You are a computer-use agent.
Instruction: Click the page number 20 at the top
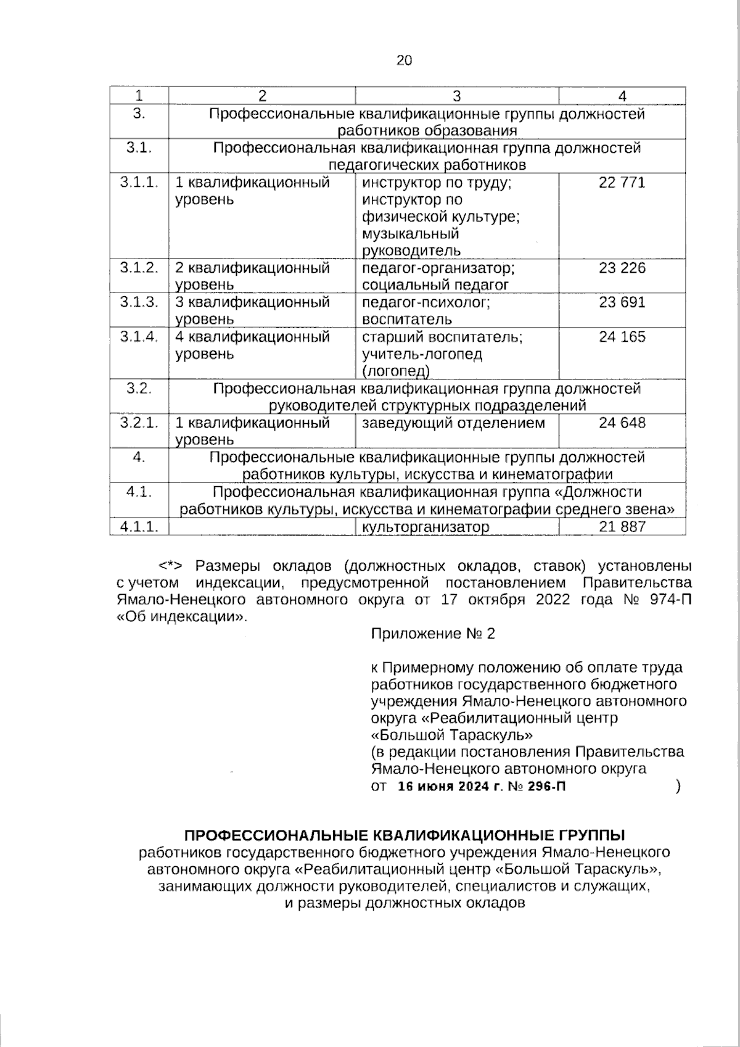pos(404,60)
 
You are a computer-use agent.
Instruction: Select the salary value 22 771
pos(622,183)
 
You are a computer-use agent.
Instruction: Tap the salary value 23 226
pos(622,268)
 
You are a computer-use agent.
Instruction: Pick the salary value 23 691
pos(622,302)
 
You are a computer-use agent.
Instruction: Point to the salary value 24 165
pos(622,337)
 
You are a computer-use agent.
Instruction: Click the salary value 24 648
pos(622,423)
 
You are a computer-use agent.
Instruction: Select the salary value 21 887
pos(622,526)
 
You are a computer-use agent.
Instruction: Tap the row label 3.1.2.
pos(139,268)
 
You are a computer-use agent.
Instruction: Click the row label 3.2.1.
pos(139,423)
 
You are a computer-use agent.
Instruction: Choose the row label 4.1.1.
pos(139,526)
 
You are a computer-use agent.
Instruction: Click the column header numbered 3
pos(456,96)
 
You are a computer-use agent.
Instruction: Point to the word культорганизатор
pos(425,527)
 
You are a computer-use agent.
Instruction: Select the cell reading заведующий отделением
pos(453,423)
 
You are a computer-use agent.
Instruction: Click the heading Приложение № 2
pos(433,634)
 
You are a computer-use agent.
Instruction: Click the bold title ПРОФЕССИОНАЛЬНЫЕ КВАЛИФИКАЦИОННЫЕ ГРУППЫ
pos(405,835)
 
